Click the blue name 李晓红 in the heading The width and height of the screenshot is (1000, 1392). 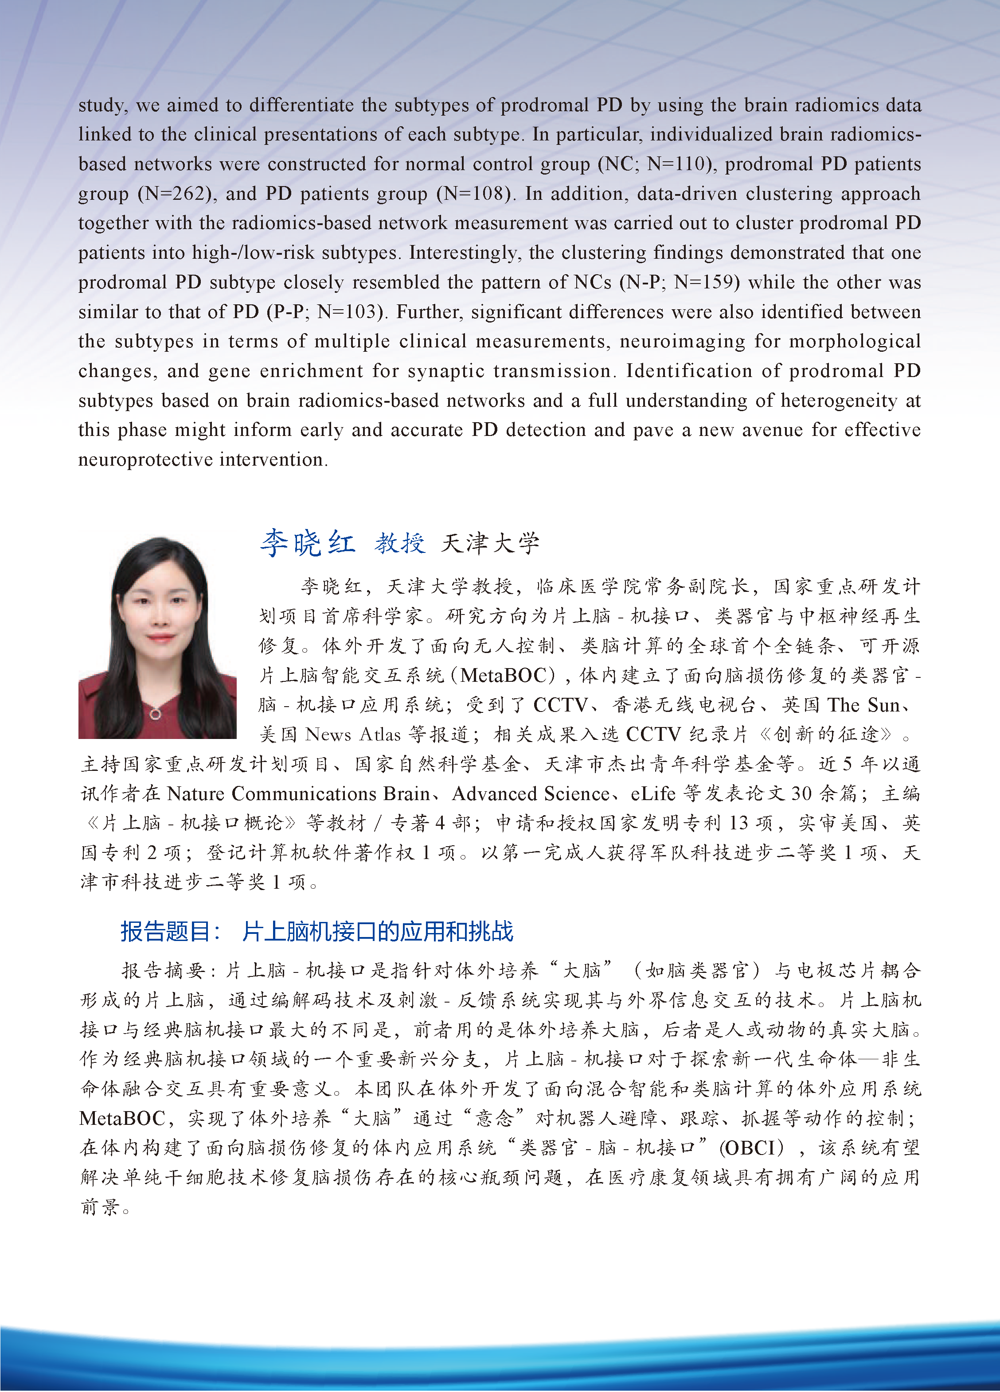pyautogui.click(x=307, y=543)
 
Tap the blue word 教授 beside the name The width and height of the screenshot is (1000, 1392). pyautogui.click(x=400, y=543)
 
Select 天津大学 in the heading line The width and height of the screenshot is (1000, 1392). pyautogui.click(x=490, y=543)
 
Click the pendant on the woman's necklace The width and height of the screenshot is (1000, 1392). pyautogui.click(x=156, y=714)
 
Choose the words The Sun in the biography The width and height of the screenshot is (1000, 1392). pyautogui.click(x=863, y=704)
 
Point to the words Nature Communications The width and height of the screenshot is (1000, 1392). pyautogui.click(x=272, y=793)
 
